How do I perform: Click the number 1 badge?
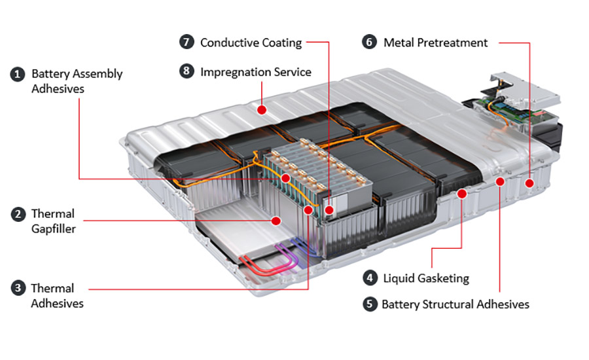tap(18, 74)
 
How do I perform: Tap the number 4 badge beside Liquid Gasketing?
tap(370, 278)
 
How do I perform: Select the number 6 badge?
tap(370, 43)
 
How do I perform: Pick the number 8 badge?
tap(187, 72)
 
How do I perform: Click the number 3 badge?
tap(18, 288)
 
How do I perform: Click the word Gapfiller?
tap(53, 229)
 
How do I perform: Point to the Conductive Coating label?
tap(251, 43)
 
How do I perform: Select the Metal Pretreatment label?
tap(435, 43)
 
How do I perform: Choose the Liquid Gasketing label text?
tap(425, 278)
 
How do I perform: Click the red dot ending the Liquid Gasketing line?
tap(462, 193)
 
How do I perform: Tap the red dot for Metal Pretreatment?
tap(529, 185)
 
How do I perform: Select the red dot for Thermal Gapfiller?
tap(276, 221)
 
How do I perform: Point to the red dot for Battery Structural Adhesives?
tap(500, 181)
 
